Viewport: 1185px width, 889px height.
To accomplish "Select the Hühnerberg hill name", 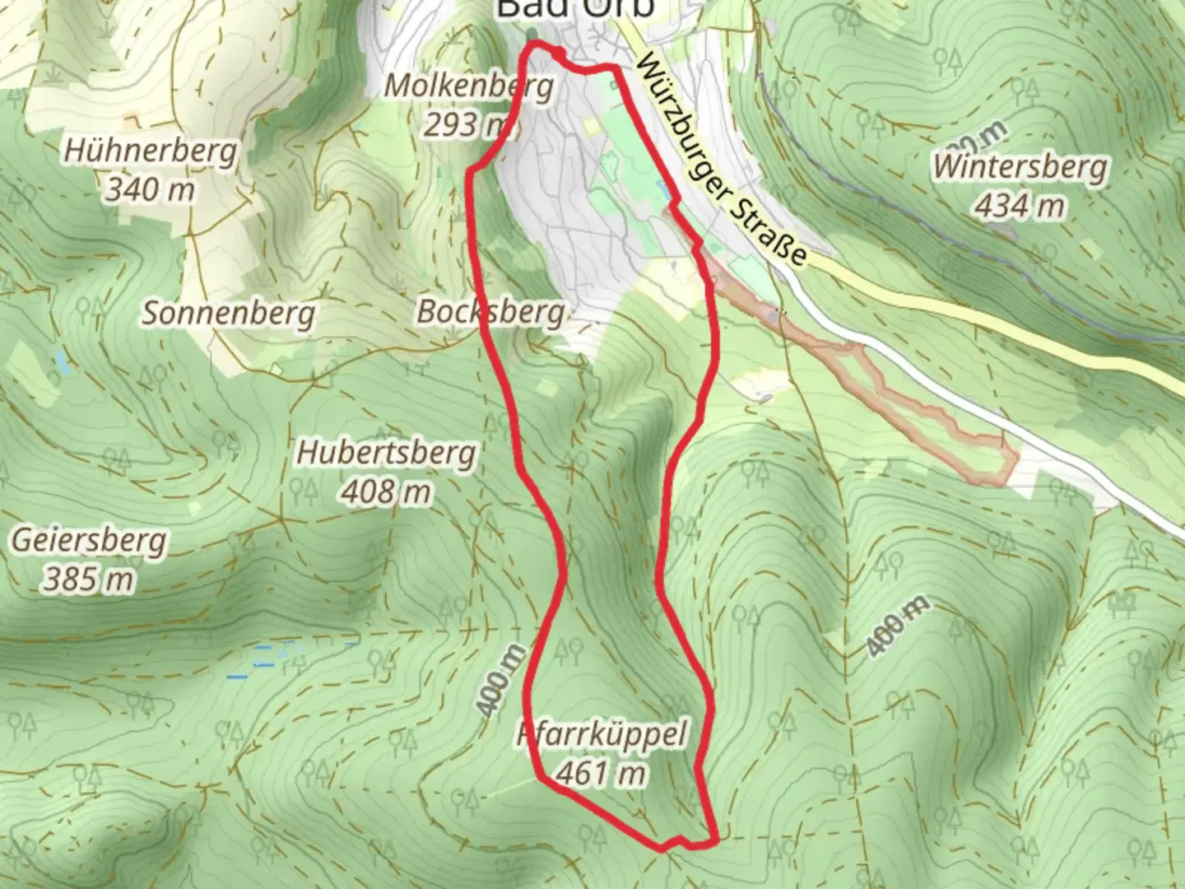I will pos(151,151).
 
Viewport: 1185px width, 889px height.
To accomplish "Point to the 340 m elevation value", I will pos(151,190).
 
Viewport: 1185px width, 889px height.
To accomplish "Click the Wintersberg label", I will pos(1019,167).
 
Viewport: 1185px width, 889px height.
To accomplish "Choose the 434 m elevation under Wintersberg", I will pos(1019,206).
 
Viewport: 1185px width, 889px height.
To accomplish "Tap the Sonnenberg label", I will pos(229,314).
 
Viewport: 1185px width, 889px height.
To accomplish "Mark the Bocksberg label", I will pos(490,312).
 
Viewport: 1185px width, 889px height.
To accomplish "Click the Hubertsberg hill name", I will pos(386,453).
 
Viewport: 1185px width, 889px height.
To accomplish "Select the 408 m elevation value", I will pos(386,491).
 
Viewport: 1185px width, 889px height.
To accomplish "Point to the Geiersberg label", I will pos(89,541).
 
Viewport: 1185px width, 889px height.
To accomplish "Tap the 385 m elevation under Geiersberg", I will pos(88,579).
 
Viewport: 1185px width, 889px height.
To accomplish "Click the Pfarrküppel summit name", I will pos(602,733).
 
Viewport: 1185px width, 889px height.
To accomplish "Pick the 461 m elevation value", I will pos(601,772).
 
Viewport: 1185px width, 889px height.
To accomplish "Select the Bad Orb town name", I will pos(575,8).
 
